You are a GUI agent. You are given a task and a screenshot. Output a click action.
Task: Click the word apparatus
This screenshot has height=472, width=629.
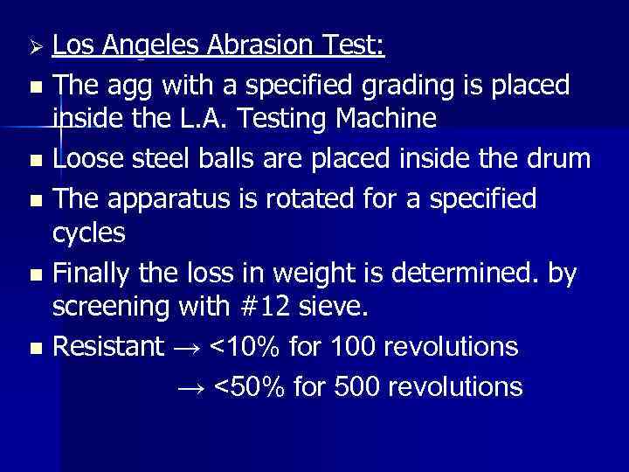(x=190, y=198)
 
